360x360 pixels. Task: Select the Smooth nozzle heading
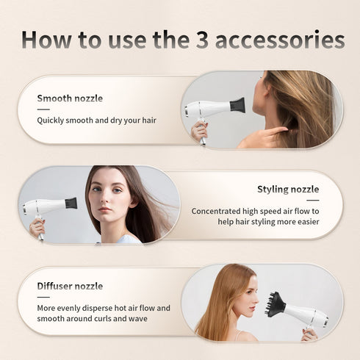click(70, 98)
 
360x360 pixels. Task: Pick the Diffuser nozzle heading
click(70, 286)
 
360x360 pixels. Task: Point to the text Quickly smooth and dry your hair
click(97, 120)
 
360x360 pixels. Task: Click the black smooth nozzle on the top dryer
click(237, 105)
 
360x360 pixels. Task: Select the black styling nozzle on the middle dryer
click(71, 203)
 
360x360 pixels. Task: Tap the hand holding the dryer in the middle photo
click(36, 227)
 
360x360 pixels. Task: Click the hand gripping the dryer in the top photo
click(199, 130)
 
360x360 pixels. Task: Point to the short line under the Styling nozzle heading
click(313, 200)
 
